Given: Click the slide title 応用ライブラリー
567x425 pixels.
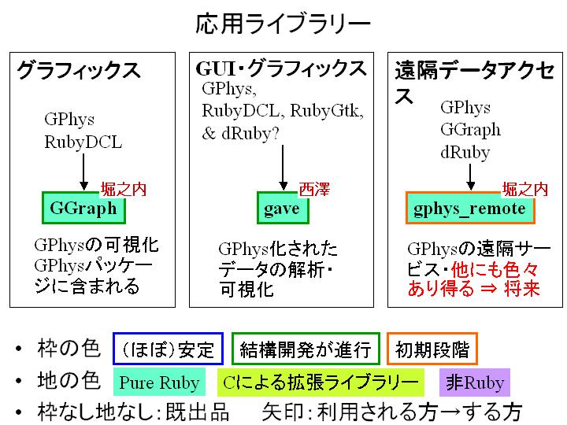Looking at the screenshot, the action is click(283, 24).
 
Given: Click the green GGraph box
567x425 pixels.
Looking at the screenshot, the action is click(83, 208).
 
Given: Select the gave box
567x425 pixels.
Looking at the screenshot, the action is click(283, 208).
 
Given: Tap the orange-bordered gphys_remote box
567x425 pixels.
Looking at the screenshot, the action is click(470, 208).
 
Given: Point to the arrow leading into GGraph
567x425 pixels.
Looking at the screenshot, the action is click(83, 172).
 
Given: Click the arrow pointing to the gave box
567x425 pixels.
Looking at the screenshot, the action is click(283, 168).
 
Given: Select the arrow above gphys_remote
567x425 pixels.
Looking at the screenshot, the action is click(470, 177).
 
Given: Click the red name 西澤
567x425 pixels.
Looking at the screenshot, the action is click(314, 190).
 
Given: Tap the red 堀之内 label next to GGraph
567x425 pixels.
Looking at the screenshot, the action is click(124, 190).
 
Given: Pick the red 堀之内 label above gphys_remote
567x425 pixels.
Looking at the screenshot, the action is click(525, 190).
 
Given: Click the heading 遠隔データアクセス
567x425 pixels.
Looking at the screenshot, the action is click(474, 82).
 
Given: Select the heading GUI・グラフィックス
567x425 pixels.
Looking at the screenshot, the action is click(281, 68).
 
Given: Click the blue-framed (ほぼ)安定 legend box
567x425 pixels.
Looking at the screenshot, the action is click(169, 349).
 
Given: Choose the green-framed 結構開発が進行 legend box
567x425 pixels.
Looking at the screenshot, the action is click(306, 349).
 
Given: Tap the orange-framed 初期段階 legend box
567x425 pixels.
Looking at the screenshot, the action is click(432, 349).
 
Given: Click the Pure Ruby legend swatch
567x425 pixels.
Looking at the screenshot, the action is click(159, 382).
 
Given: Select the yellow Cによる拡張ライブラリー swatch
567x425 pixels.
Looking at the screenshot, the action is click(321, 382).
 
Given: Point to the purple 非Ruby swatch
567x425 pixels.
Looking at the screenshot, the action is click(474, 382).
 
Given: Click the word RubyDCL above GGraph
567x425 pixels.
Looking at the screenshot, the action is click(83, 142).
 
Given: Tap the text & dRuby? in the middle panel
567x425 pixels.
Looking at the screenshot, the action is click(240, 133).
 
